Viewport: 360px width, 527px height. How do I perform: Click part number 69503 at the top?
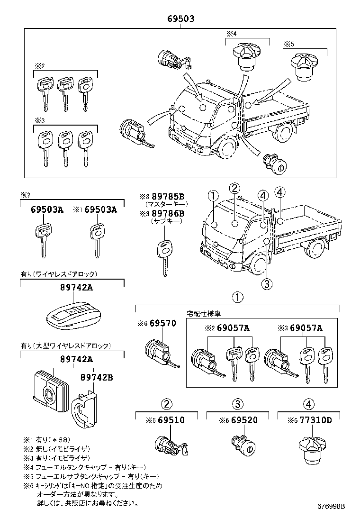[180, 19]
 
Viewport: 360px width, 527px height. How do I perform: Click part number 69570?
[162, 324]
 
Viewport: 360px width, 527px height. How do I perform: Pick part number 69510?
[171, 420]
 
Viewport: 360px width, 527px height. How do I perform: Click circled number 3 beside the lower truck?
[267, 284]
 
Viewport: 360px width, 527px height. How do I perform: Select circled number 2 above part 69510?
[166, 404]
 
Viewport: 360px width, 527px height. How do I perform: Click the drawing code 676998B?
[331, 506]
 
